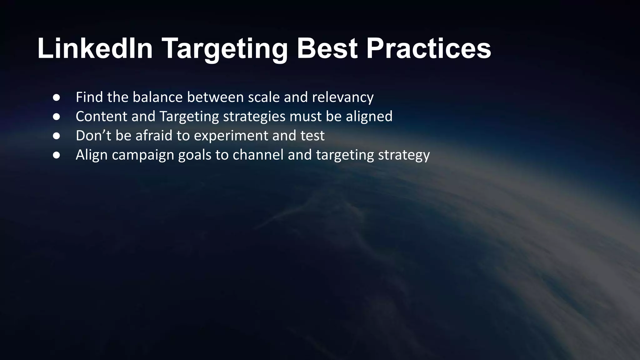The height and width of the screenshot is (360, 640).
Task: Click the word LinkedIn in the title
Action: pos(95,48)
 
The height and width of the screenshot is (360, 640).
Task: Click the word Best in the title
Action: pos(327,48)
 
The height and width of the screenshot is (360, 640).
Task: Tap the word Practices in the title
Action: pos(428,48)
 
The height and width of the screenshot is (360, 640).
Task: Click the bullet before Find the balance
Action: pos(57,97)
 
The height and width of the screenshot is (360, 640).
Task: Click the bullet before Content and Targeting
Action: pos(57,117)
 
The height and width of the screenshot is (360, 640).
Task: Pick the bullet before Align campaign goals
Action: pos(57,155)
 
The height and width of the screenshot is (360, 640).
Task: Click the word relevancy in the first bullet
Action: pos(343,97)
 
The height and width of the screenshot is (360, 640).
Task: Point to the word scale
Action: pos(264,97)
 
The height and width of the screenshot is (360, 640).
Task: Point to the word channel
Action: pos(258,155)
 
